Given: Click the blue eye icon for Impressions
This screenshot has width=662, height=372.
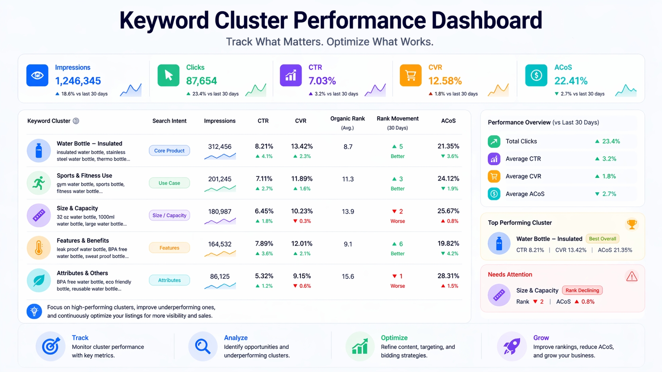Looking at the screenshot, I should (37, 75).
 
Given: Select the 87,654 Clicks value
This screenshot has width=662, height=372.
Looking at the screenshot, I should (201, 81).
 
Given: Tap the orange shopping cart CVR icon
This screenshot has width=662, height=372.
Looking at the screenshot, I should (411, 75).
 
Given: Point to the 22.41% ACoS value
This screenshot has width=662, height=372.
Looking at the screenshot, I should (571, 81).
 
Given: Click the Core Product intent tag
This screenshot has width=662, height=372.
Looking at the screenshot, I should (169, 151).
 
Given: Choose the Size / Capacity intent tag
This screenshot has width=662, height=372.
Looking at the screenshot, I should (169, 215).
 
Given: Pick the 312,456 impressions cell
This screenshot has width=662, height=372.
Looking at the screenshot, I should (220, 147).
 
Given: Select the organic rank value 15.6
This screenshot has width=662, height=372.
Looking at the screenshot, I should (348, 276).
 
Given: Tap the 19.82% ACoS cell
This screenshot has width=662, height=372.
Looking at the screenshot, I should (448, 244).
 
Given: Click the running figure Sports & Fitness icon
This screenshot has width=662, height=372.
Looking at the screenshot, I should (39, 183).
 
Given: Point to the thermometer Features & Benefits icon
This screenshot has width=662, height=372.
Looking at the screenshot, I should (39, 248).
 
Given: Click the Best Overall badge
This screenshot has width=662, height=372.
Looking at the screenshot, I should (602, 239).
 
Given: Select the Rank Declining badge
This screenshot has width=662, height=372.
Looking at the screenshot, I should (582, 290).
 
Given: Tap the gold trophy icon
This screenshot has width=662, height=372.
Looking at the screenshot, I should (632, 225).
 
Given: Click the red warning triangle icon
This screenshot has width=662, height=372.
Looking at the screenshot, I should (632, 276).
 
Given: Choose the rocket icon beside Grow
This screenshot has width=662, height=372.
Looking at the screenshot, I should (512, 346).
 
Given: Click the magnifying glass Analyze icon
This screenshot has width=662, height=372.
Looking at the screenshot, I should (203, 346).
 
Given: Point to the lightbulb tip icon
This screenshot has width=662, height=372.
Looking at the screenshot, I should (34, 311).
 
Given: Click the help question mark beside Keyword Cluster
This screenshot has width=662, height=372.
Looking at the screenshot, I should (76, 121).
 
